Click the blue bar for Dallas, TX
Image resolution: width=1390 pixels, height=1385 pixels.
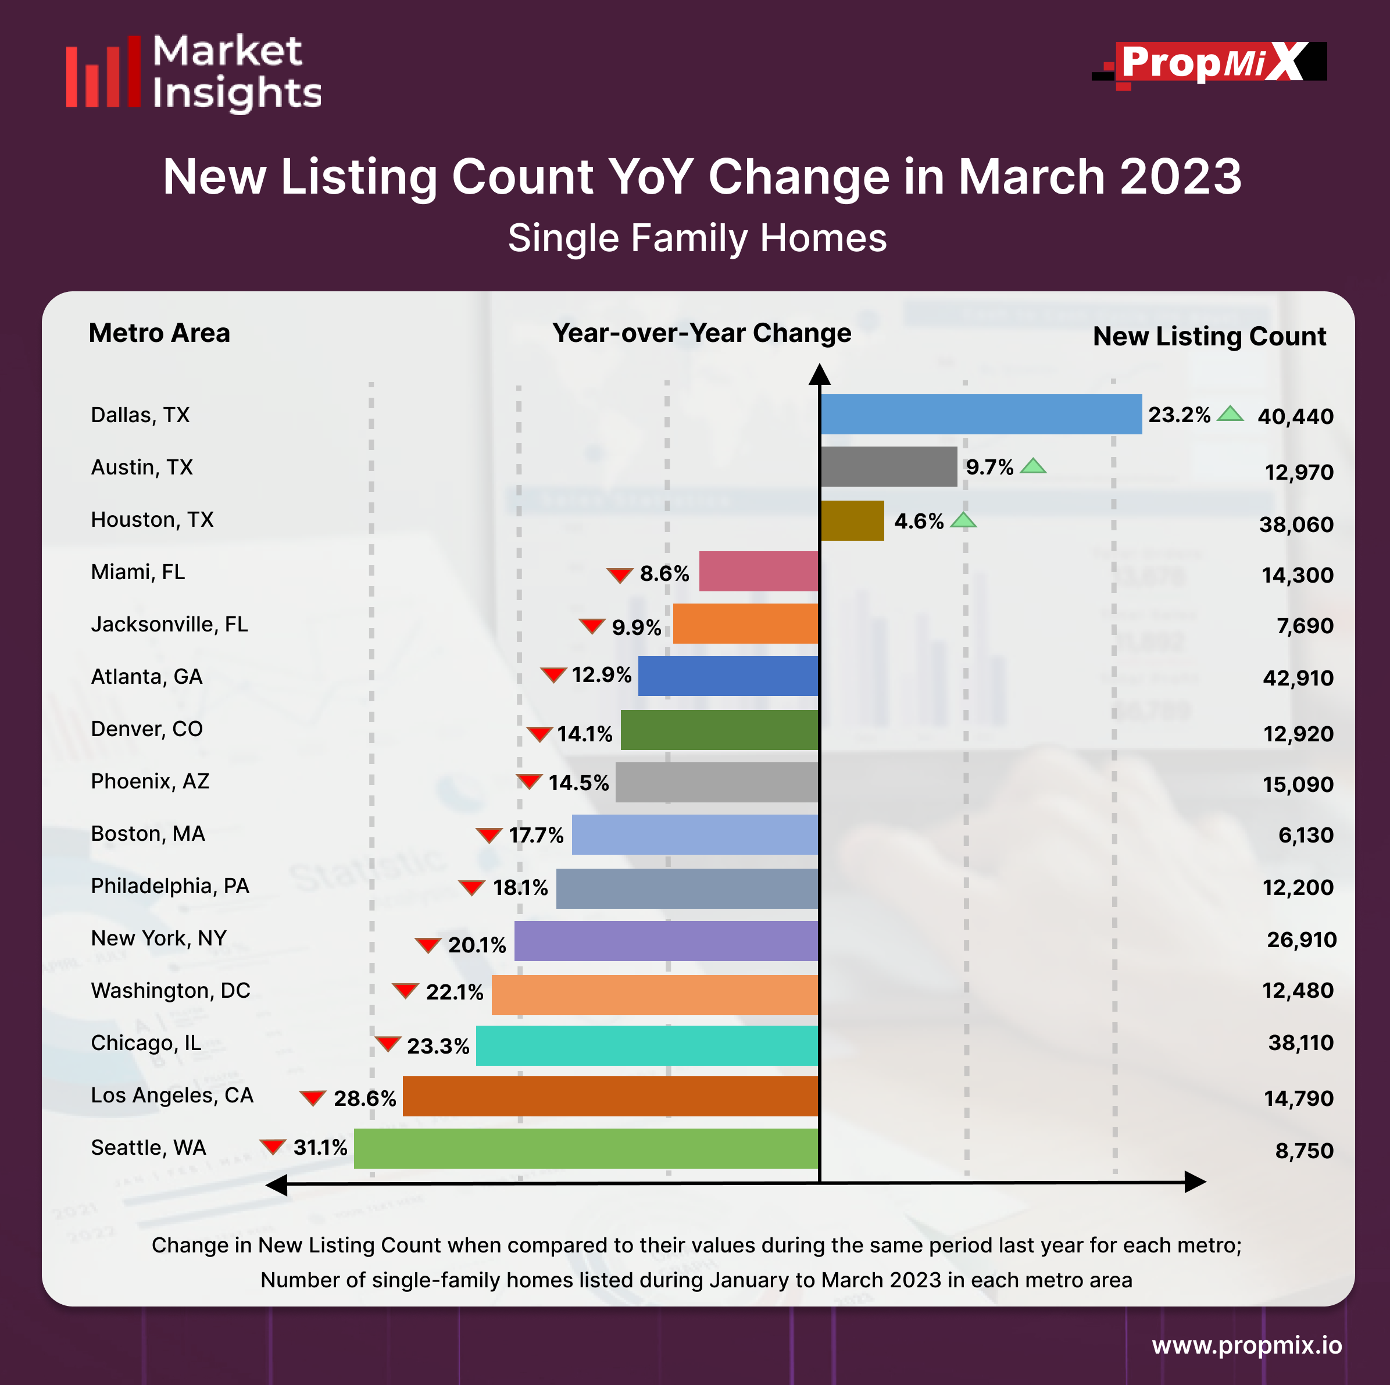tap(981, 415)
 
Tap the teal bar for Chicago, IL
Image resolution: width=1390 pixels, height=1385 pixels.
tap(647, 1045)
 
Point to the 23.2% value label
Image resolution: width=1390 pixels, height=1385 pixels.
tap(1179, 415)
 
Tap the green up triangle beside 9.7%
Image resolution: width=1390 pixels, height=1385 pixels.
tap(1033, 466)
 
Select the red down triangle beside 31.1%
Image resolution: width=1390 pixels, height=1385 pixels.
tap(273, 1146)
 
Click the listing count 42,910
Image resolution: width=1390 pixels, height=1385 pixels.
tap(1298, 678)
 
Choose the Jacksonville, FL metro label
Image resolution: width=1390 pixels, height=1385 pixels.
tap(169, 624)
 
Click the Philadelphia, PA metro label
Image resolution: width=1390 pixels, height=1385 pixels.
tap(170, 886)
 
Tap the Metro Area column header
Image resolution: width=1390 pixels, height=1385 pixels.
tap(159, 333)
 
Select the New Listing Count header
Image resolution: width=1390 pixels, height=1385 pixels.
tap(1209, 337)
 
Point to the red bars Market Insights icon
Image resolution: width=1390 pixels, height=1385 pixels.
tap(103, 72)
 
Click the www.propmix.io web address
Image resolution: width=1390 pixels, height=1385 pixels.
tap(1247, 1345)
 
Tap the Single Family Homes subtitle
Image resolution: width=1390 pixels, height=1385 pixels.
tap(697, 238)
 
